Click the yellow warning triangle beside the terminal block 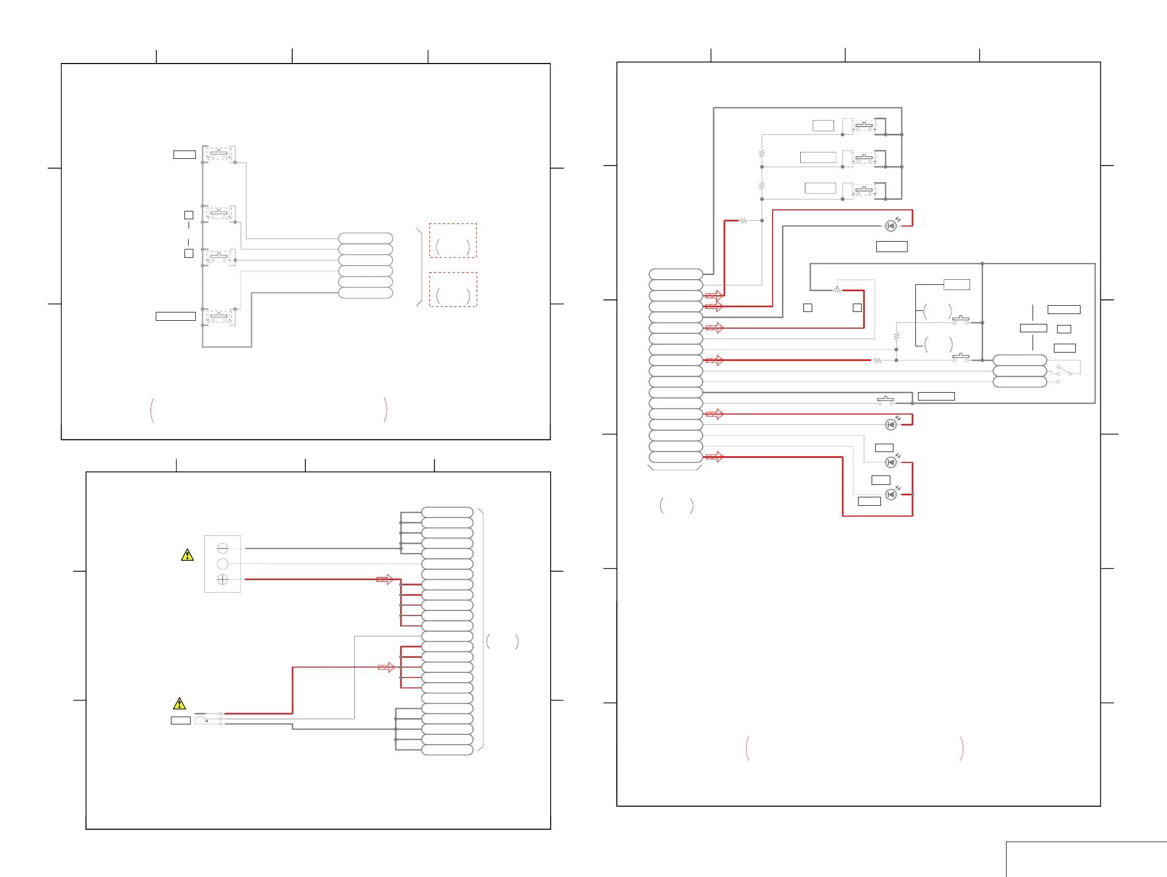point(187,555)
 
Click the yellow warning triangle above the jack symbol point(179,704)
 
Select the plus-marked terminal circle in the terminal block point(222,580)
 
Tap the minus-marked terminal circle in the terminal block point(222,548)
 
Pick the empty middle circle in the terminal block point(222,563)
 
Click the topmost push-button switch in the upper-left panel point(219,154)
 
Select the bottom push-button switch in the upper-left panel point(219,317)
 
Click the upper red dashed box point(453,241)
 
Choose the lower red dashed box point(453,290)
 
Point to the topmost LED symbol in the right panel point(890,225)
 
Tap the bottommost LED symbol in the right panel point(890,494)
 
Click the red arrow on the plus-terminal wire point(385,580)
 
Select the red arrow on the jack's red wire point(386,667)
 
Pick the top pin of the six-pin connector point(365,239)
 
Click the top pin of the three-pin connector point(1019,360)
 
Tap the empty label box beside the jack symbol point(180,720)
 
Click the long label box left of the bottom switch point(176,317)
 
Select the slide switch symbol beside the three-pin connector point(1064,370)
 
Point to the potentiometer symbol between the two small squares point(837,290)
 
